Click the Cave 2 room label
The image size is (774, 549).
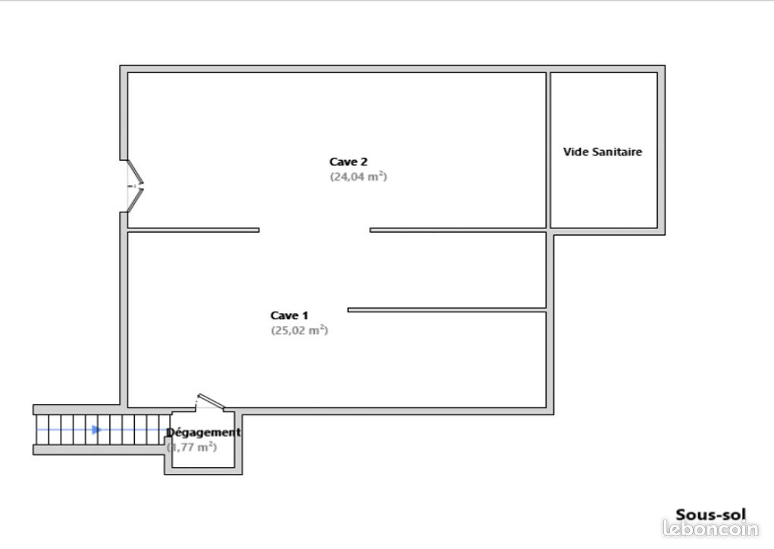[x=349, y=162]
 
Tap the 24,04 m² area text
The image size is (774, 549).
[x=359, y=176]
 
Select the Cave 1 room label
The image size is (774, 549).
[x=290, y=315]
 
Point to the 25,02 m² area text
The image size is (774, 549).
[x=299, y=330]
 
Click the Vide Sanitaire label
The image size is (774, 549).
[x=603, y=152]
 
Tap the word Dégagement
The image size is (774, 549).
[x=203, y=432]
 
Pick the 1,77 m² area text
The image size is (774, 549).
[x=192, y=447]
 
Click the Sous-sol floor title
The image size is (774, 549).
[x=710, y=514]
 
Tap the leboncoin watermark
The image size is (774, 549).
[x=711, y=529]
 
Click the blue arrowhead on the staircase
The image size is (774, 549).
[x=97, y=430]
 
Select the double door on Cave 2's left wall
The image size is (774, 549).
[x=135, y=186]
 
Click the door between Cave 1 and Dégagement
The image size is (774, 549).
[x=210, y=402]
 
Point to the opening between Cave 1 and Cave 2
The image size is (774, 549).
[x=315, y=230]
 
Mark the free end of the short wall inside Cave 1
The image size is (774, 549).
[x=348, y=310]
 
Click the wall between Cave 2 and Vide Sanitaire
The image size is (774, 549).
[x=548, y=150]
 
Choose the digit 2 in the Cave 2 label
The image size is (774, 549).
[x=364, y=162]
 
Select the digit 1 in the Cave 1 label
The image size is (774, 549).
[x=305, y=315]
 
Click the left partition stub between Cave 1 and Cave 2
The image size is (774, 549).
[x=193, y=230]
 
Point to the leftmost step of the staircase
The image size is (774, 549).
[x=43, y=430]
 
